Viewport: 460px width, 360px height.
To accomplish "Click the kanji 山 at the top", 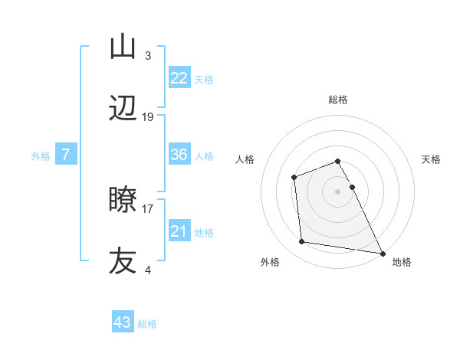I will point(123,47).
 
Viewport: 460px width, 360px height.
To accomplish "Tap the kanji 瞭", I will point(123,200).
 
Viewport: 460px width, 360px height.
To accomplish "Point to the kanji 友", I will point(123,260).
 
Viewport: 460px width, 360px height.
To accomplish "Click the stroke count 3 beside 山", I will point(148,55).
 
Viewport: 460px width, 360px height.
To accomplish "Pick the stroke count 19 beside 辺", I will point(148,117).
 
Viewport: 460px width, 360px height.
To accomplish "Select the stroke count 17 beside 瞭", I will point(148,208).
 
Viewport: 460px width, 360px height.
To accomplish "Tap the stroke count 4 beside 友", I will point(148,269).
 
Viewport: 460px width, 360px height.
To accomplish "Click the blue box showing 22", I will point(179,78).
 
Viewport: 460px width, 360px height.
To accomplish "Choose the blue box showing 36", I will point(179,155).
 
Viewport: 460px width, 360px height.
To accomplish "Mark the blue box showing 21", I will point(179,231).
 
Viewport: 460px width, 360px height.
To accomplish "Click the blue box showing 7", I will point(66,155).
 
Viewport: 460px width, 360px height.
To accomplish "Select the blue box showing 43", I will point(123,322).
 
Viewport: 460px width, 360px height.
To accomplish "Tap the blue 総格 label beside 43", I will point(147,324).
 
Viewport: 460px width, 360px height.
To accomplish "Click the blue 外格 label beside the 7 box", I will point(41,156).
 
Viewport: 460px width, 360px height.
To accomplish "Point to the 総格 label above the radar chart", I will point(338,100).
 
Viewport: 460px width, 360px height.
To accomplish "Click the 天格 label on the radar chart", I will point(432,159).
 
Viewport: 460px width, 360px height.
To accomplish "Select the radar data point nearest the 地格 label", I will point(382,253).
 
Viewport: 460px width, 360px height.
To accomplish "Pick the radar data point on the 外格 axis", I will point(302,242).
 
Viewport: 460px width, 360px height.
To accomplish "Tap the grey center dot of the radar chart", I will point(338,191).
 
